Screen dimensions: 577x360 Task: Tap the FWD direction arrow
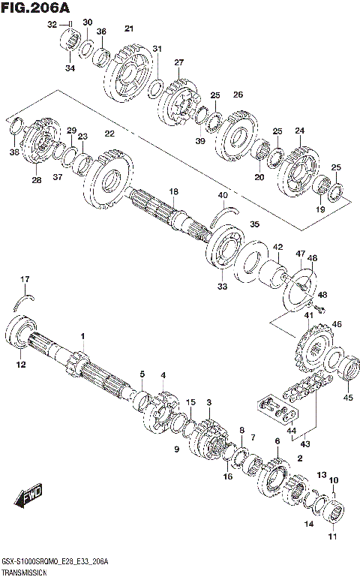[25, 499]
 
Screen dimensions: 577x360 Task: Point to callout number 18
[173, 192]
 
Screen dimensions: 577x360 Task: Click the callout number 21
[129, 29]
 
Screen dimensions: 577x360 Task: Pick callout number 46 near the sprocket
[337, 323]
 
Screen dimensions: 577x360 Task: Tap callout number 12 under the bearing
[21, 365]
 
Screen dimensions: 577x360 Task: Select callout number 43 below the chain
[305, 443]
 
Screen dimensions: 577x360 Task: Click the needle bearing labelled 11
[334, 517]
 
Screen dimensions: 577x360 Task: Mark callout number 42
[277, 247]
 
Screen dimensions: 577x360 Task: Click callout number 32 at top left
[52, 25]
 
